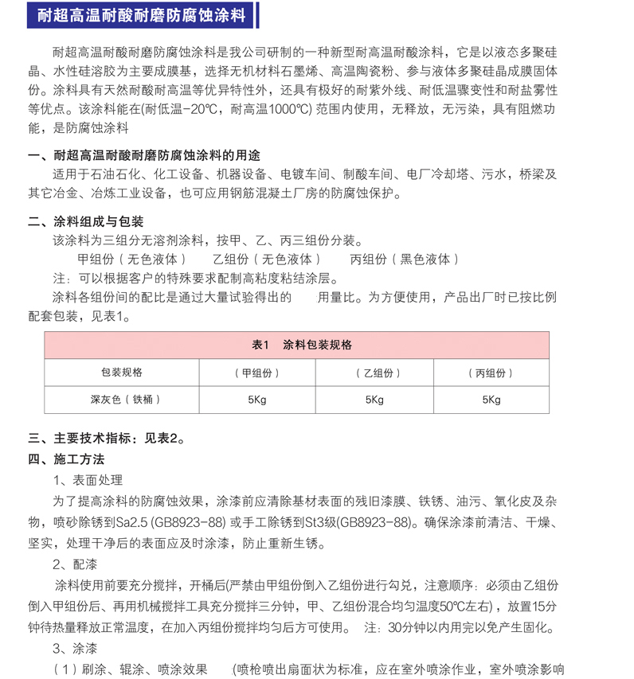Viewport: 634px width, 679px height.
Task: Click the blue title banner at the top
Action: coord(143,14)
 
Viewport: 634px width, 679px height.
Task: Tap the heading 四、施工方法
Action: coord(66,459)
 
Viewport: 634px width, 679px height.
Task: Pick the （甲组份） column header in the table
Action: coord(257,373)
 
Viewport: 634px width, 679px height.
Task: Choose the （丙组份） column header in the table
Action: coord(491,373)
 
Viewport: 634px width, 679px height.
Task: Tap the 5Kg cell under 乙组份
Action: coord(374,399)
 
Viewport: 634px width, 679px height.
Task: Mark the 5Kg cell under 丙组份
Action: coord(491,399)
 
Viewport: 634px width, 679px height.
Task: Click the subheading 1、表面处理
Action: coord(88,480)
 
